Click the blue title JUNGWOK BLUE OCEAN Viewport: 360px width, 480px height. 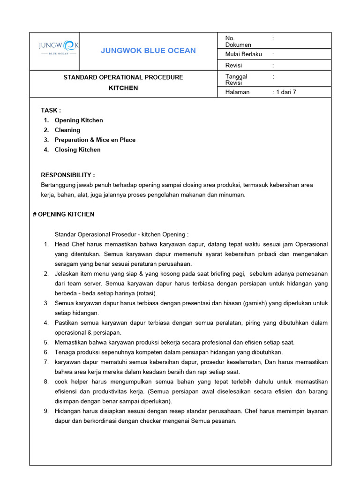point(148,51)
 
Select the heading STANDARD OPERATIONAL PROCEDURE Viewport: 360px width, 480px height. point(123,77)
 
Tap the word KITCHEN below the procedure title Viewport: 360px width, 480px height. point(123,88)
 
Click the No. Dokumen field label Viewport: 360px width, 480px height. point(238,41)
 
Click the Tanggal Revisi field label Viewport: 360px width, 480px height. point(236,79)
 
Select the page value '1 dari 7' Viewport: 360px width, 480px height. point(285,92)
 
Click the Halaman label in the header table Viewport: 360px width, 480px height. point(237,92)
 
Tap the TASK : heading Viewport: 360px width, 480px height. point(51,110)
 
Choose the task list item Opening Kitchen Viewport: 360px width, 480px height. point(79,120)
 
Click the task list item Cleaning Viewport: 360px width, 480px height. point(67,130)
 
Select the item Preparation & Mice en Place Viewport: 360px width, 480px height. point(95,140)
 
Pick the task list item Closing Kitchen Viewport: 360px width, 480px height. point(78,150)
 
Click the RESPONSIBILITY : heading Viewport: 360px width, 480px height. point(68,175)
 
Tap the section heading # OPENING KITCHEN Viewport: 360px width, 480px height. point(64,214)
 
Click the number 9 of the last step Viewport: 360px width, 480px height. point(46,411)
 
